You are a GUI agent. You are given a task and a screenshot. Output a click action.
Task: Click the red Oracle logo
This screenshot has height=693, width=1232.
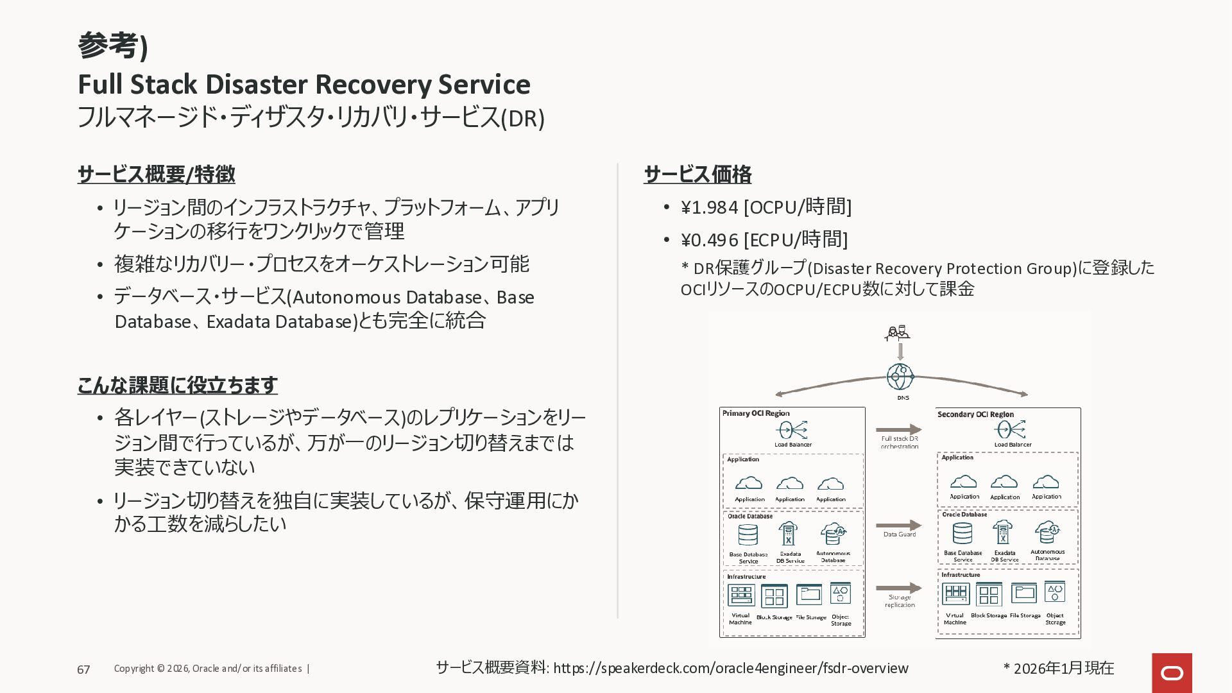point(1172,672)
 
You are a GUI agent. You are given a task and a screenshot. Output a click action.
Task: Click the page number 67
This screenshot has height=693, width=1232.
point(83,670)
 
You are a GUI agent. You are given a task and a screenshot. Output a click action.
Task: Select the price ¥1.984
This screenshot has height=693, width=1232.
point(709,207)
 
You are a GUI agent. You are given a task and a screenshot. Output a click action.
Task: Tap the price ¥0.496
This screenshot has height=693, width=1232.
point(709,240)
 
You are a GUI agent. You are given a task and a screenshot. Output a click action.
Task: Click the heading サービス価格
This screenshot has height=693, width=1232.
point(697,174)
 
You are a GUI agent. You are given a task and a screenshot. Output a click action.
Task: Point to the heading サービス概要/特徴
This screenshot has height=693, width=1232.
point(156,174)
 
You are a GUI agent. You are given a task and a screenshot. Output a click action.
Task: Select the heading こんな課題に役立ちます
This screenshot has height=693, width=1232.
point(177,385)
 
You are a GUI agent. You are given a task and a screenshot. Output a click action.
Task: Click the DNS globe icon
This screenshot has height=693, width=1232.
point(900,377)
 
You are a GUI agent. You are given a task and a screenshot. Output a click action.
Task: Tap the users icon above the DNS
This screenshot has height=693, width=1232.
point(897,333)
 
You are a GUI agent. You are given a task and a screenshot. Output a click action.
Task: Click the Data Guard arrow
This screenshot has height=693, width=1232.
point(898,526)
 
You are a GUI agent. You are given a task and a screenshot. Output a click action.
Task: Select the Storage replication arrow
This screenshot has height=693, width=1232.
point(898,588)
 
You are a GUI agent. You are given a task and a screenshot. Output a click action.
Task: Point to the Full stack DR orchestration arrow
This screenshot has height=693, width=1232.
point(898,429)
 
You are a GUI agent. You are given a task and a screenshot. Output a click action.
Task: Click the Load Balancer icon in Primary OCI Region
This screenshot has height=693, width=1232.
point(792,429)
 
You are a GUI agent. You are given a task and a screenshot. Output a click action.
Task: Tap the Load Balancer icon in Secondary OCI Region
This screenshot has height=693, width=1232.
point(1012,429)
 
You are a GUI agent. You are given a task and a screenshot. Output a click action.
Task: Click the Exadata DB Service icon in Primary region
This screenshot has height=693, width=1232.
point(788,534)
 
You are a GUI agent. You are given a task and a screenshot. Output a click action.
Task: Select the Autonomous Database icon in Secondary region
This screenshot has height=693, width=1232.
point(1047,532)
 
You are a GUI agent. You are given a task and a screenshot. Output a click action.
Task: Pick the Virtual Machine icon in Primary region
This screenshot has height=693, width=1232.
point(741,595)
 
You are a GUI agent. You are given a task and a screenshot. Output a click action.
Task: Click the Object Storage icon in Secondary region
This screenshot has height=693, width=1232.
point(1055,592)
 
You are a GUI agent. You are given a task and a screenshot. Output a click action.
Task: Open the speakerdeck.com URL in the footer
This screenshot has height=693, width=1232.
point(730,669)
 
